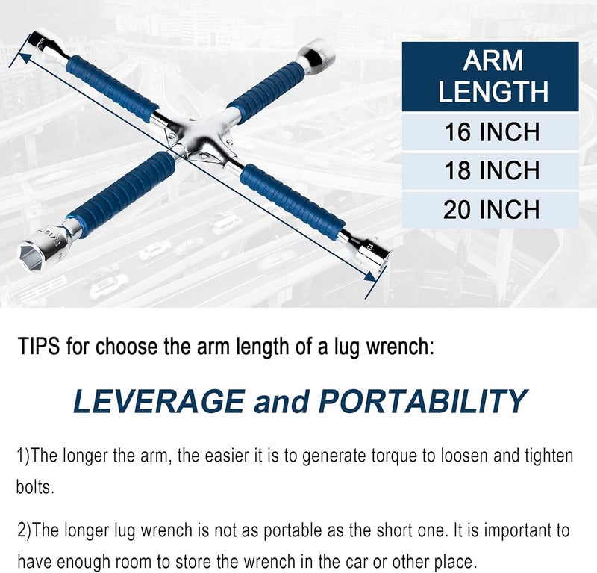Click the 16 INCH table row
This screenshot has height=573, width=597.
[490, 131]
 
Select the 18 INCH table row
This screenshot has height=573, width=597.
[490, 170]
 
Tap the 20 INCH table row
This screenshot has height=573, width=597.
[490, 209]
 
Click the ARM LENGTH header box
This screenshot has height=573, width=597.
[490, 76]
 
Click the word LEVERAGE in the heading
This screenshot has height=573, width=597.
[158, 401]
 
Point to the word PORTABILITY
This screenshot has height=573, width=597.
[423, 401]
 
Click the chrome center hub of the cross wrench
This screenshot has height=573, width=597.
[198, 139]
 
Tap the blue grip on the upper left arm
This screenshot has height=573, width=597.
[110, 88]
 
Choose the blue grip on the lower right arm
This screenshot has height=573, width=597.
[293, 201]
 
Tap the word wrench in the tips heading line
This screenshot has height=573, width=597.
[397, 347]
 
